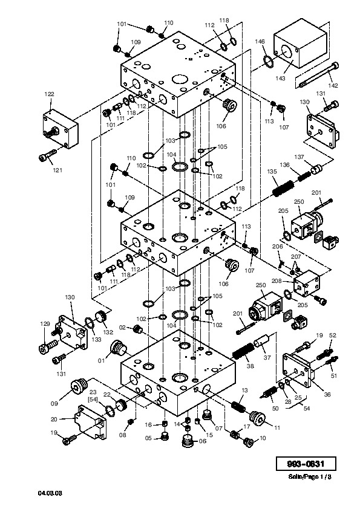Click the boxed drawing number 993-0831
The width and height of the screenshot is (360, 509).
tap(306, 464)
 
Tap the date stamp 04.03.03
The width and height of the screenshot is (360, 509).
tap(50, 493)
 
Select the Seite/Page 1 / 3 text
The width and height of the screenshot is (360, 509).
tap(310, 477)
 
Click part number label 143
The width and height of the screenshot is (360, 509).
tap(280, 78)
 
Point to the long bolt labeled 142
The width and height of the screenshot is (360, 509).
tap(318, 75)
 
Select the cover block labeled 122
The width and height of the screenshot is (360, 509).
tap(61, 129)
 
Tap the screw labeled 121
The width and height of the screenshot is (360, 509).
tap(47, 155)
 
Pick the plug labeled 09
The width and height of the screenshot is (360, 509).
tap(79, 387)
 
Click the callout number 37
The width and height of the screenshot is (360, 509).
tap(267, 357)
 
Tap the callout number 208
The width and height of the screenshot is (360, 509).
tap(277, 281)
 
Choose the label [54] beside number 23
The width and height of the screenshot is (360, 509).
tap(93, 399)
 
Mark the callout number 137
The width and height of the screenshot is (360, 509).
tap(299, 157)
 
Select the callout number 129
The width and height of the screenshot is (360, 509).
tap(45, 323)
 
